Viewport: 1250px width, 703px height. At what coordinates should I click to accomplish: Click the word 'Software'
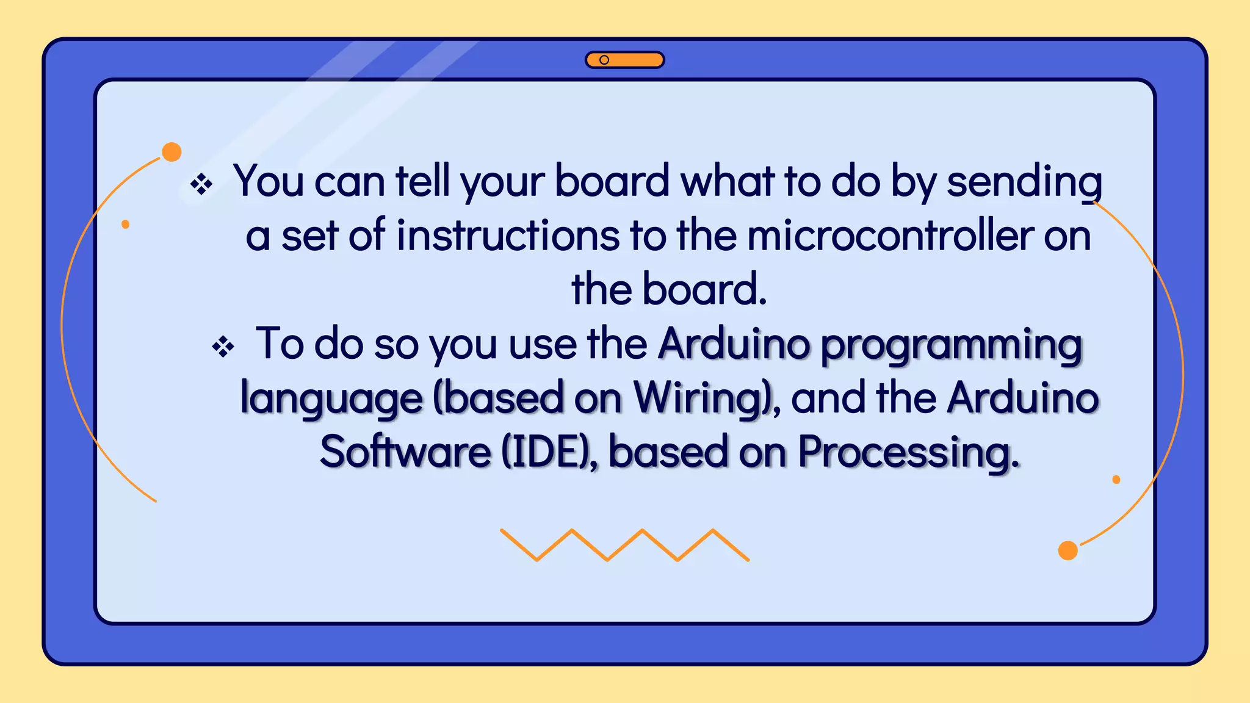[x=405, y=452]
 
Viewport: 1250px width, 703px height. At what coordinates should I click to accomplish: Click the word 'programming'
[x=950, y=345]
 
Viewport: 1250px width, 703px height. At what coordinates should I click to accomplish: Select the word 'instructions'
[x=508, y=236]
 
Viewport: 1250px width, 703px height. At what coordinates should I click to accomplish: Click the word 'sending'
[x=1024, y=182]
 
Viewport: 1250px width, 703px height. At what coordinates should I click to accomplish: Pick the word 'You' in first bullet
[x=268, y=181]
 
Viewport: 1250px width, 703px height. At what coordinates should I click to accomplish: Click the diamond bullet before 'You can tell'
[x=201, y=184]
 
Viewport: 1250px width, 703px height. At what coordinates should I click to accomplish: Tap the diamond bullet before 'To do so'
[x=223, y=347]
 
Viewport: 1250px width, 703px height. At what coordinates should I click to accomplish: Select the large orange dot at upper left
[x=172, y=152]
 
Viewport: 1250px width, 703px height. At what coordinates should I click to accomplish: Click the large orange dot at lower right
[x=1068, y=550]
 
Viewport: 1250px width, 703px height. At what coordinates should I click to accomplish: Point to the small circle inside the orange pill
[x=604, y=60]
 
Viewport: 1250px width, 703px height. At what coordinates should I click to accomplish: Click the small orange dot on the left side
[x=126, y=225]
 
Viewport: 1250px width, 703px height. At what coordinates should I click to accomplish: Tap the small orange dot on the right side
[x=1116, y=480]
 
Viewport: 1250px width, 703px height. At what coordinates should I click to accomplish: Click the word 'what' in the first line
[x=727, y=181]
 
